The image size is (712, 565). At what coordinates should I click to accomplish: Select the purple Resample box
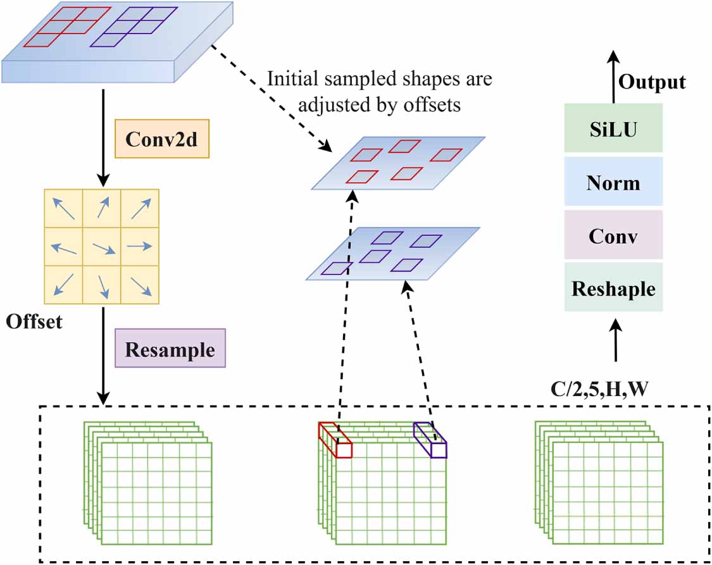170,349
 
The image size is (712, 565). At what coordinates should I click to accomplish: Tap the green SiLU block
613,129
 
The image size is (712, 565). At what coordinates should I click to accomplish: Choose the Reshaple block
613,288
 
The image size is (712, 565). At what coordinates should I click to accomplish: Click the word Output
652,82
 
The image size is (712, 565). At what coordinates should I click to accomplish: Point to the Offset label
34,321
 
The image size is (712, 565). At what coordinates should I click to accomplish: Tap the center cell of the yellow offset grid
101,247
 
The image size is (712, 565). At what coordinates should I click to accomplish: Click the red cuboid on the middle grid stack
334,440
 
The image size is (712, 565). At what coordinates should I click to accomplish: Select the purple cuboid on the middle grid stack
430,440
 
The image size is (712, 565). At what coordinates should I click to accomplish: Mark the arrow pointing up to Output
613,76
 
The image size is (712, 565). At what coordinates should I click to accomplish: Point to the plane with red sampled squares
399,163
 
